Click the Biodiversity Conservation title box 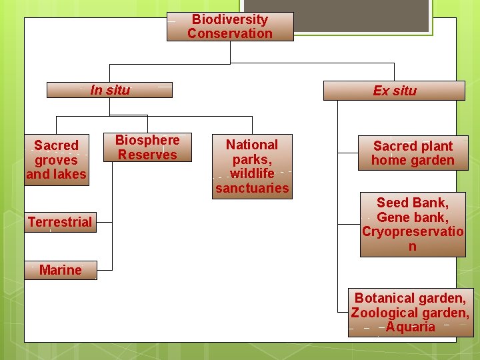[x=230, y=27]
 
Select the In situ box [x=110, y=90]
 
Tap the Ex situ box [x=394, y=91]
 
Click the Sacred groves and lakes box [x=56, y=160]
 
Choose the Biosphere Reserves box [x=147, y=147]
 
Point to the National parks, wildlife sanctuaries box [x=252, y=166]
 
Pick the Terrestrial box [x=60, y=222]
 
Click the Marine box [x=60, y=270]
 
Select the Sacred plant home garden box [x=413, y=153]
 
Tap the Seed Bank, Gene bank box [x=412, y=225]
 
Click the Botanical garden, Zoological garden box [x=410, y=313]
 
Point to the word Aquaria [x=410, y=327]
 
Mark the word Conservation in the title [x=230, y=33]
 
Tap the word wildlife [x=252, y=173]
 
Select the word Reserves [x=147, y=155]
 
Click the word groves [x=56, y=160]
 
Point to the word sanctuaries [x=252, y=188]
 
